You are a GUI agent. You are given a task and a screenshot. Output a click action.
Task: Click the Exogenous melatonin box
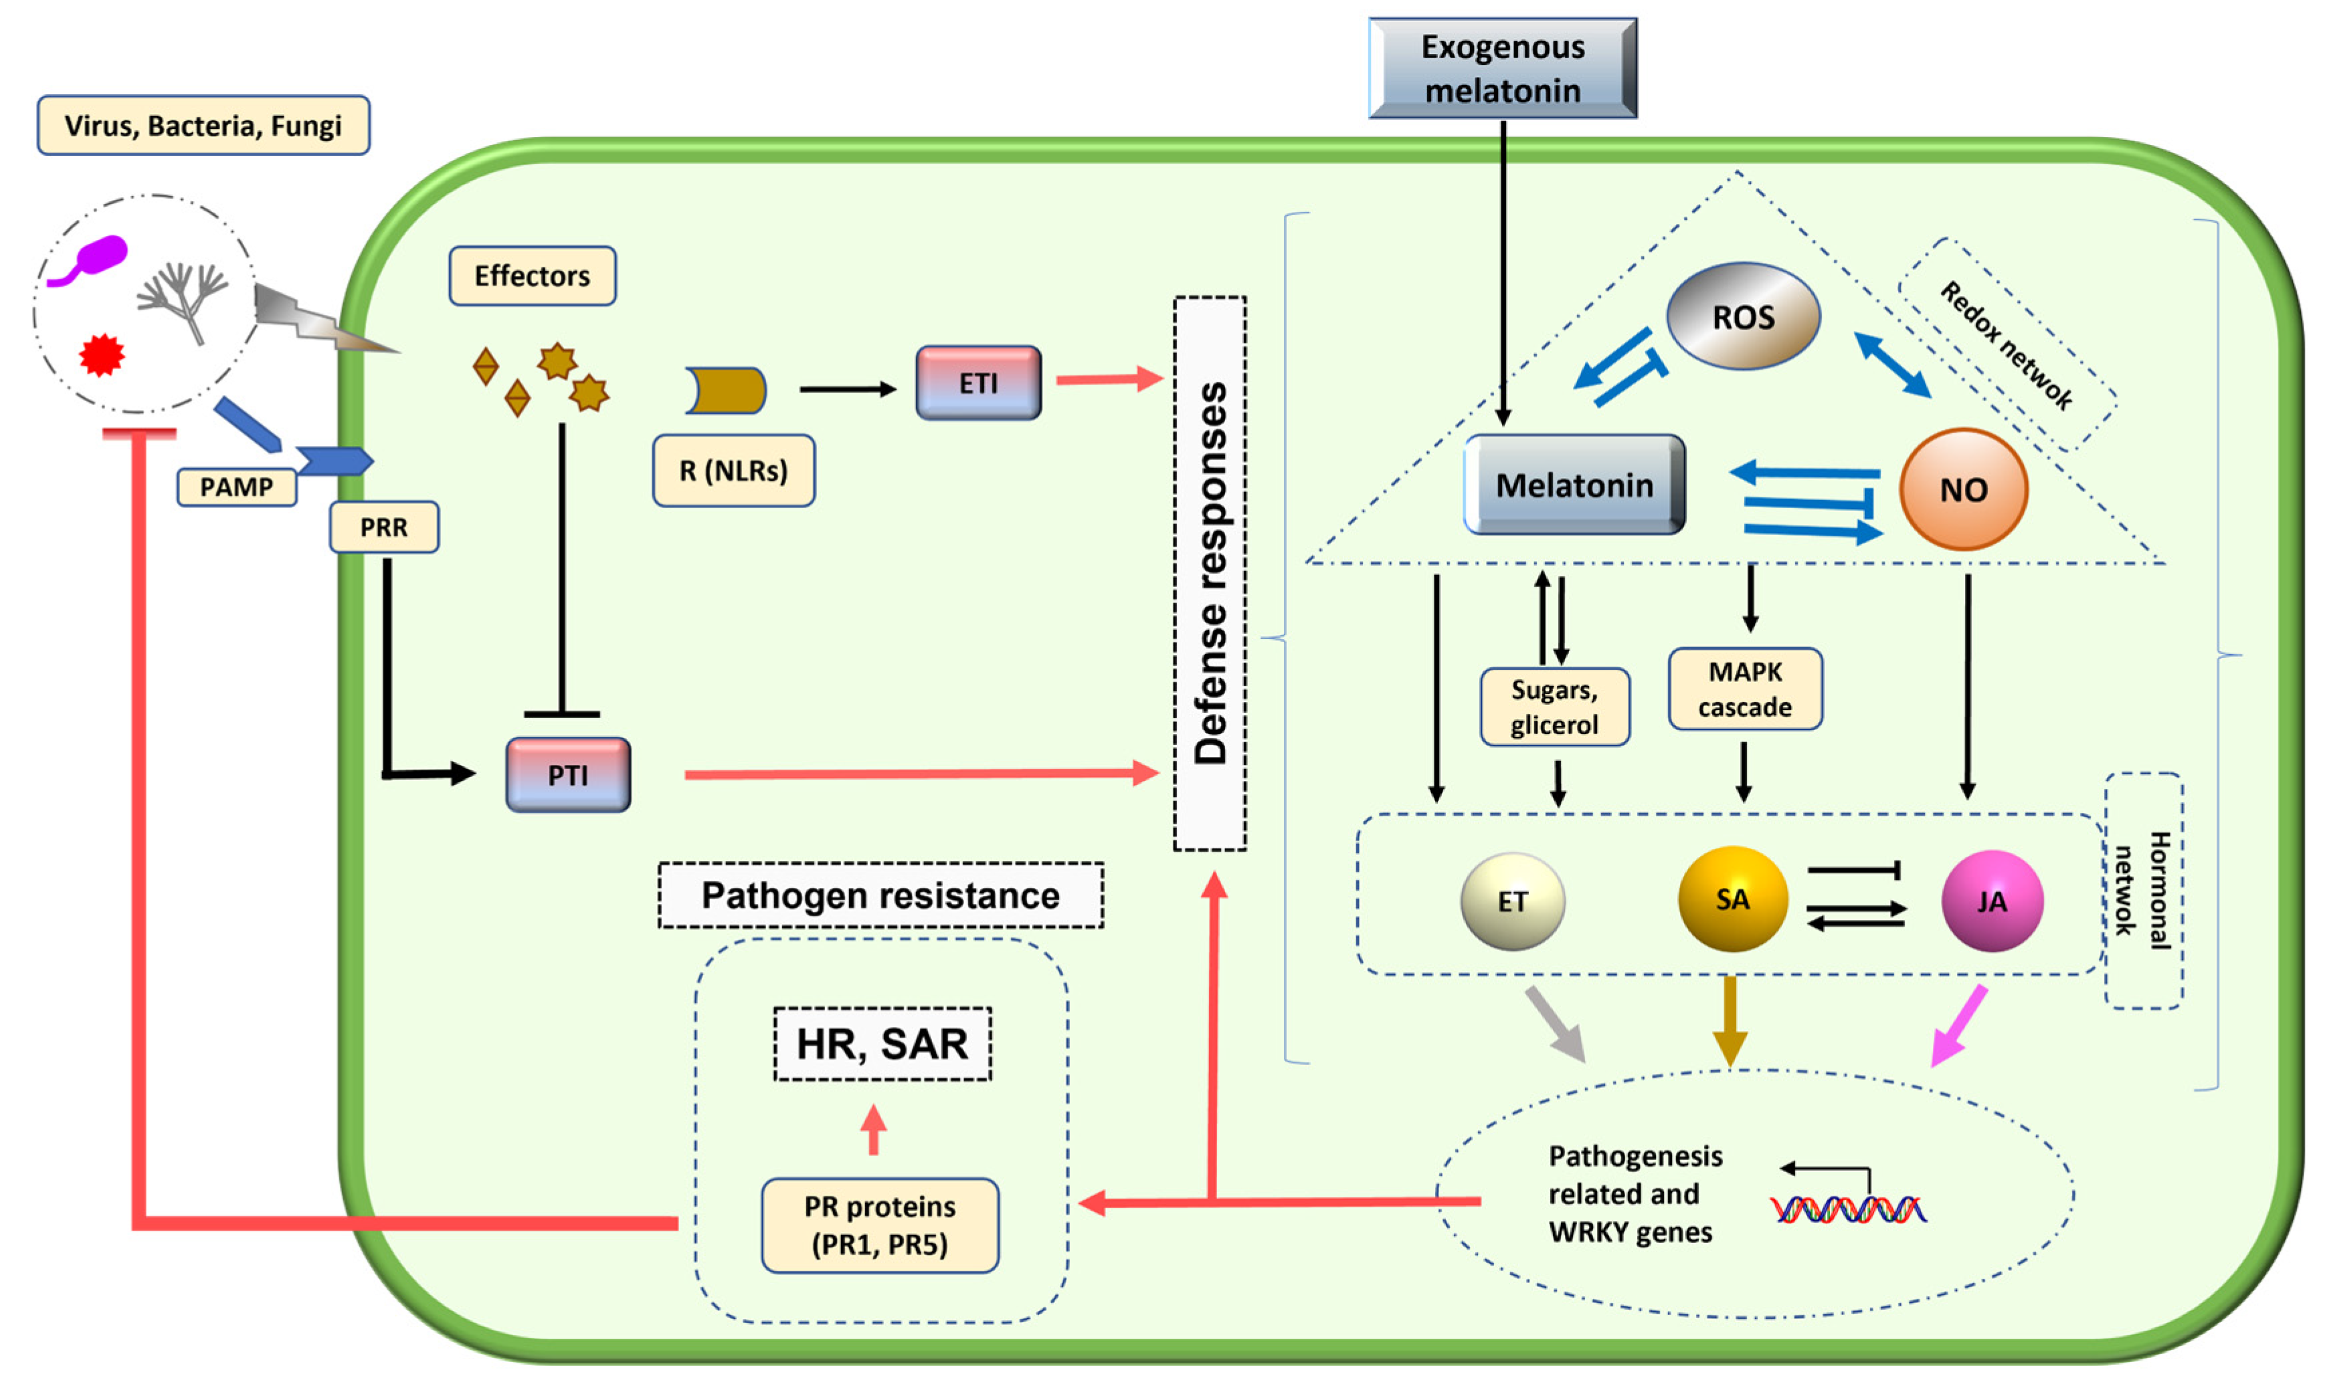pos(1502,68)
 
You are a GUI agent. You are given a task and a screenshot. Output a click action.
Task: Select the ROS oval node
pos(1742,316)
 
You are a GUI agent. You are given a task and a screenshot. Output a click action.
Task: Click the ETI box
pos(978,382)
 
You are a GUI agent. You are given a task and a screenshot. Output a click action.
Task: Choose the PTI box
pos(568,774)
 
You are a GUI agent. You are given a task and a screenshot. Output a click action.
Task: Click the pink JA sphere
pos(1992,901)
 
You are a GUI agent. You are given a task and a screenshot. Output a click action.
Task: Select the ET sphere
pos(1512,901)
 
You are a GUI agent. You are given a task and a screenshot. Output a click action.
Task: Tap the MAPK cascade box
pos(1745,689)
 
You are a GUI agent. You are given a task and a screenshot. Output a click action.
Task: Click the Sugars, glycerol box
pos(1554,707)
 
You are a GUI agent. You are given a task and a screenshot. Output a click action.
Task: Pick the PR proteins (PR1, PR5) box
pos(880,1226)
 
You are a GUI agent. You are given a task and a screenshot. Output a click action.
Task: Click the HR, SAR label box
pos(881,1044)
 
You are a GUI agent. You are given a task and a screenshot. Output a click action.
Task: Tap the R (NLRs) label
pos(733,471)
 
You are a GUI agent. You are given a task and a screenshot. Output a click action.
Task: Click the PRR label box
pos(383,528)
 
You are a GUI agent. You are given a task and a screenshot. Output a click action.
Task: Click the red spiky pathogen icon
pos(102,354)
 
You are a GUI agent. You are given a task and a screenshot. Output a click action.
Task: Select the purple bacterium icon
pos(94,258)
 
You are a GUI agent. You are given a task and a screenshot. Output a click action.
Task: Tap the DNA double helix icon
pos(1848,1209)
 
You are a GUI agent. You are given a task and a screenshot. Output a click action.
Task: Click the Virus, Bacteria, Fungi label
pos(203,125)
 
